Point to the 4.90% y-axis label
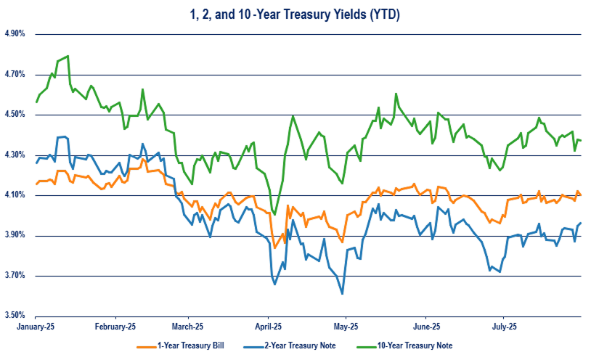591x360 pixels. coord(15,34)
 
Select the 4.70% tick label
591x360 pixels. coord(15,74)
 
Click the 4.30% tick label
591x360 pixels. coord(15,155)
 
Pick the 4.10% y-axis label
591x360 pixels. coord(15,195)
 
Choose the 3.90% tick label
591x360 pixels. coord(15,235)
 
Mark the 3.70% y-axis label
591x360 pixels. coord(15,276)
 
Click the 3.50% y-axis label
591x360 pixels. coord(15,316)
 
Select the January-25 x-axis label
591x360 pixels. coord(36,327)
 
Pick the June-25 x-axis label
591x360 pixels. coord(427,327)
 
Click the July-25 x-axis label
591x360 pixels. coord(505,327)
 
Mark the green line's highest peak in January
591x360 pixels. coord(68,56)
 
